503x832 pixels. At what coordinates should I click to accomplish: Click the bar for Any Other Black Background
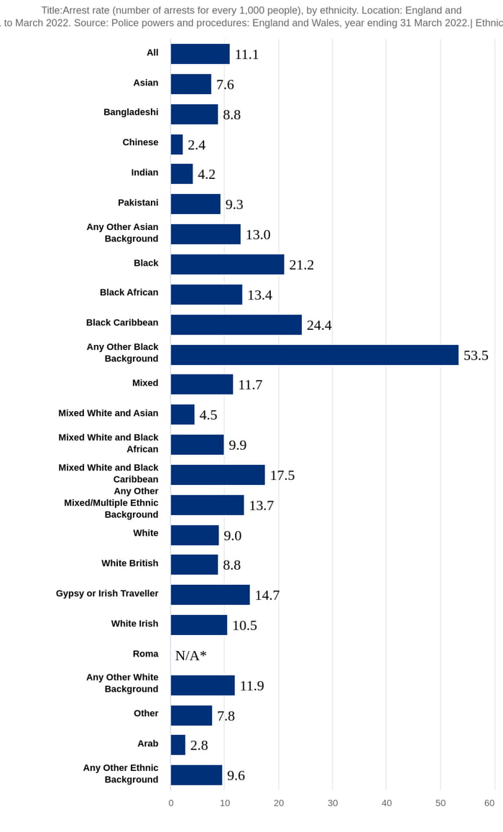coord(314,355)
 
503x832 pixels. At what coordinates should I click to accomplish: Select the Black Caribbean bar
coord(236,325)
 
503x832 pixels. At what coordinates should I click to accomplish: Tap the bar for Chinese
coord(177,144)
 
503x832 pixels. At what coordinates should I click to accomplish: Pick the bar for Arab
coord(177,745)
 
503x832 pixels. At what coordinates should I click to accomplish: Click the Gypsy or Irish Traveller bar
coord(210,595)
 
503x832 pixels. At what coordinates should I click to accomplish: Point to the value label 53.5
coord(476,356)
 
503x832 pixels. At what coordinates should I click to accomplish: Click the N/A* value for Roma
coord(190,655)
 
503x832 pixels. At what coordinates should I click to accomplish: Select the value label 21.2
coord(301,265)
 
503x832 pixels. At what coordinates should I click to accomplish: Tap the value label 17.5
coord(282,476)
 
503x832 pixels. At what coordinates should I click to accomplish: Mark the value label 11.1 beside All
coord(246,55)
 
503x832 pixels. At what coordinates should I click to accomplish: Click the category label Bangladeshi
coord(131,112)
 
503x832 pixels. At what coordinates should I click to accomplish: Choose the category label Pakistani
coord(138,203)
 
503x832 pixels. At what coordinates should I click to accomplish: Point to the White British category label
coord(129,563)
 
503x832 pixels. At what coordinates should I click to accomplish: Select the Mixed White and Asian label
coord(108,413)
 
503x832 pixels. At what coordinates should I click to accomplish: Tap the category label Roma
coord(145,654)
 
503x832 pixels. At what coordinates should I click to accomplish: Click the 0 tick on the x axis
coord(171,803)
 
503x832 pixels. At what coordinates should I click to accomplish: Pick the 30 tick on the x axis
coord(333,803)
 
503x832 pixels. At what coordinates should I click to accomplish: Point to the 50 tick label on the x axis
coord(440,803)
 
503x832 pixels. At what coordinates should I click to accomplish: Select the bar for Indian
coord(182,175)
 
